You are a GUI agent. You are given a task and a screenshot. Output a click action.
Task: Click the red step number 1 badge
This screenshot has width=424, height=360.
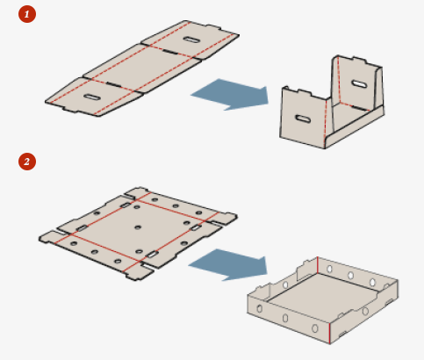27,14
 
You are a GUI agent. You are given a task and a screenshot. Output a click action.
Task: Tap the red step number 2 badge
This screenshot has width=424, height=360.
27,162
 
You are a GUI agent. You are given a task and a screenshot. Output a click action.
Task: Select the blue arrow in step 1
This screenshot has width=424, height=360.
231,94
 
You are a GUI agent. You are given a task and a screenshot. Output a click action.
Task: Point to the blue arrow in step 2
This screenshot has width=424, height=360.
229,265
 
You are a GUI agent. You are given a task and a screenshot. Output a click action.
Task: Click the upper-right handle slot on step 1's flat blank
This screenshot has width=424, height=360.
190,40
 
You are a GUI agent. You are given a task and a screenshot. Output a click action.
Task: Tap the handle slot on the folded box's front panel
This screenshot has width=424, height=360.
303,119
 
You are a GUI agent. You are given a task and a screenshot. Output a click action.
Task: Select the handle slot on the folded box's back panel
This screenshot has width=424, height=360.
359,84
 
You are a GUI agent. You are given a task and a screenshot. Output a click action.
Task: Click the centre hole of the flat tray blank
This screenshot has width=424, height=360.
138,227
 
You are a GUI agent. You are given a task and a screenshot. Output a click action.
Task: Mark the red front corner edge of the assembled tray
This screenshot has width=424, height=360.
330,333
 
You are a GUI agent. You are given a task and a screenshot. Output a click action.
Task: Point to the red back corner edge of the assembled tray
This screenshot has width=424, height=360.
318,265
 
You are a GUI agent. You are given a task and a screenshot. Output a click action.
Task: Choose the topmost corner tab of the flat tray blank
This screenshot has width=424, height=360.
137,191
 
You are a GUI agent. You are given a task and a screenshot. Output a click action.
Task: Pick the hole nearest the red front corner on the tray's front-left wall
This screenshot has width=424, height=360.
315,328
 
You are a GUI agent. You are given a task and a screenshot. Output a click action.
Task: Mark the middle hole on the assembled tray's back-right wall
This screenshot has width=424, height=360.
350,275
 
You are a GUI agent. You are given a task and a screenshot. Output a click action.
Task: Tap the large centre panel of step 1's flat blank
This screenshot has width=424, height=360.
142,69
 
